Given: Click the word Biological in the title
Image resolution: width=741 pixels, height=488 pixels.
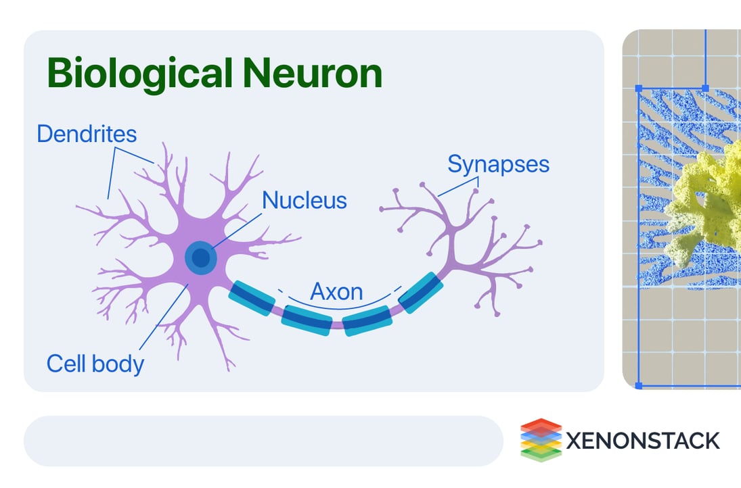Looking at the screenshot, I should [x=133, y=74].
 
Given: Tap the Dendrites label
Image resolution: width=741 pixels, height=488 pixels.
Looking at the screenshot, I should [x=87, y=134].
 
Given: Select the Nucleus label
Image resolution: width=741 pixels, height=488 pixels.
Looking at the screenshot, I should [x=305, y=200].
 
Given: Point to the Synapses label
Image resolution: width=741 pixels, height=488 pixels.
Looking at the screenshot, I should [x=499, y=164].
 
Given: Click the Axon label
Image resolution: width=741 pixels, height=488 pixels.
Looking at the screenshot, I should [x=336, y=292].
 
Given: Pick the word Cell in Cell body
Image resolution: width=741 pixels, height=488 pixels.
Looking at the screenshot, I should [x=66, y=364].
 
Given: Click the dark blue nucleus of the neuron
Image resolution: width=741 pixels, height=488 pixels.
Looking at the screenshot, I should [x=200, y=258].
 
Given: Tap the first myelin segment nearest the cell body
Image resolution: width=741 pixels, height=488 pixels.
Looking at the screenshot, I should [x=253, y=298].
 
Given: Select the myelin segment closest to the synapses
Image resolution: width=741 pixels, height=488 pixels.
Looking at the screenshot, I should [x=421, y=293].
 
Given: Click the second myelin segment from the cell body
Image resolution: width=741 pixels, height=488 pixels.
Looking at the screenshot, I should [x=307, y=319].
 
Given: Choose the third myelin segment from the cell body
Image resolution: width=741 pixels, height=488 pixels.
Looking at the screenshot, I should [x=367, y=320].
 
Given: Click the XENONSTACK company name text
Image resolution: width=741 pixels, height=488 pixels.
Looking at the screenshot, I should [x=642, y=441].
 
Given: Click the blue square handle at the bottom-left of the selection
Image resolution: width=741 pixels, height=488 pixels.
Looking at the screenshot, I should [x=639, y=385].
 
